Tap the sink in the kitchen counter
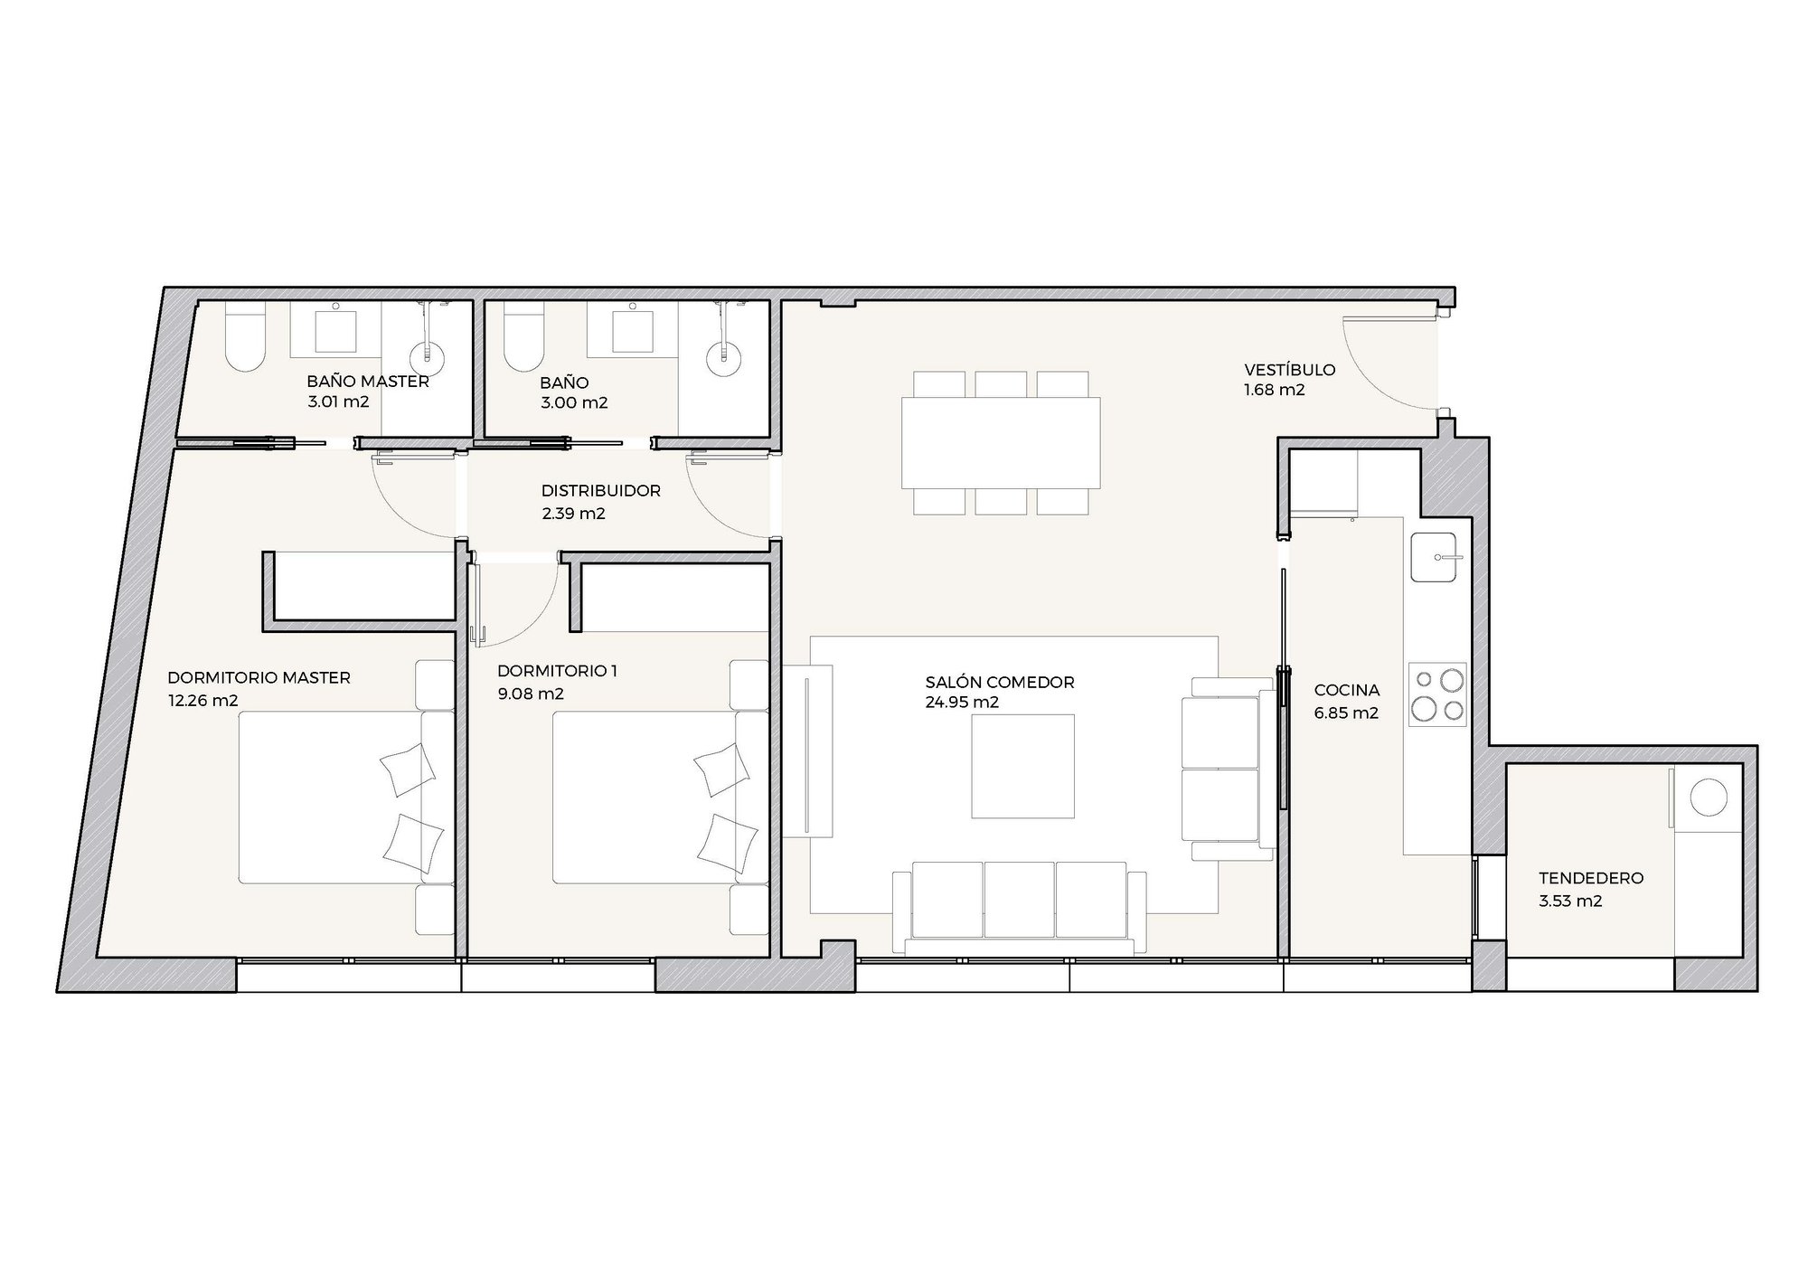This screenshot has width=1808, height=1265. (1433, 557)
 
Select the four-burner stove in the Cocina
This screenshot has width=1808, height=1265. (1436, 694)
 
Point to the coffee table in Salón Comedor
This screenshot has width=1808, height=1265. (1023, 766)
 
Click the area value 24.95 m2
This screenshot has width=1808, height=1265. (962, 703)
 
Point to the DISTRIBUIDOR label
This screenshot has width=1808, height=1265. (600, 491)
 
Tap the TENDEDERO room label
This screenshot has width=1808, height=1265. (1591, 878)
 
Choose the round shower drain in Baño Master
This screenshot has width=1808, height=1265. (429, 356)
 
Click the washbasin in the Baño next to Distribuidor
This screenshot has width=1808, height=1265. (633, 328)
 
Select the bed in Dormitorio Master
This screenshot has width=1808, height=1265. (346, 797)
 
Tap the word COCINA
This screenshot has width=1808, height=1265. (1347, 691)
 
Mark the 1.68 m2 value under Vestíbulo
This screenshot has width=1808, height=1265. (1275, 391)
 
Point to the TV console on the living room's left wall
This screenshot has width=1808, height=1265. (807, 751)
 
